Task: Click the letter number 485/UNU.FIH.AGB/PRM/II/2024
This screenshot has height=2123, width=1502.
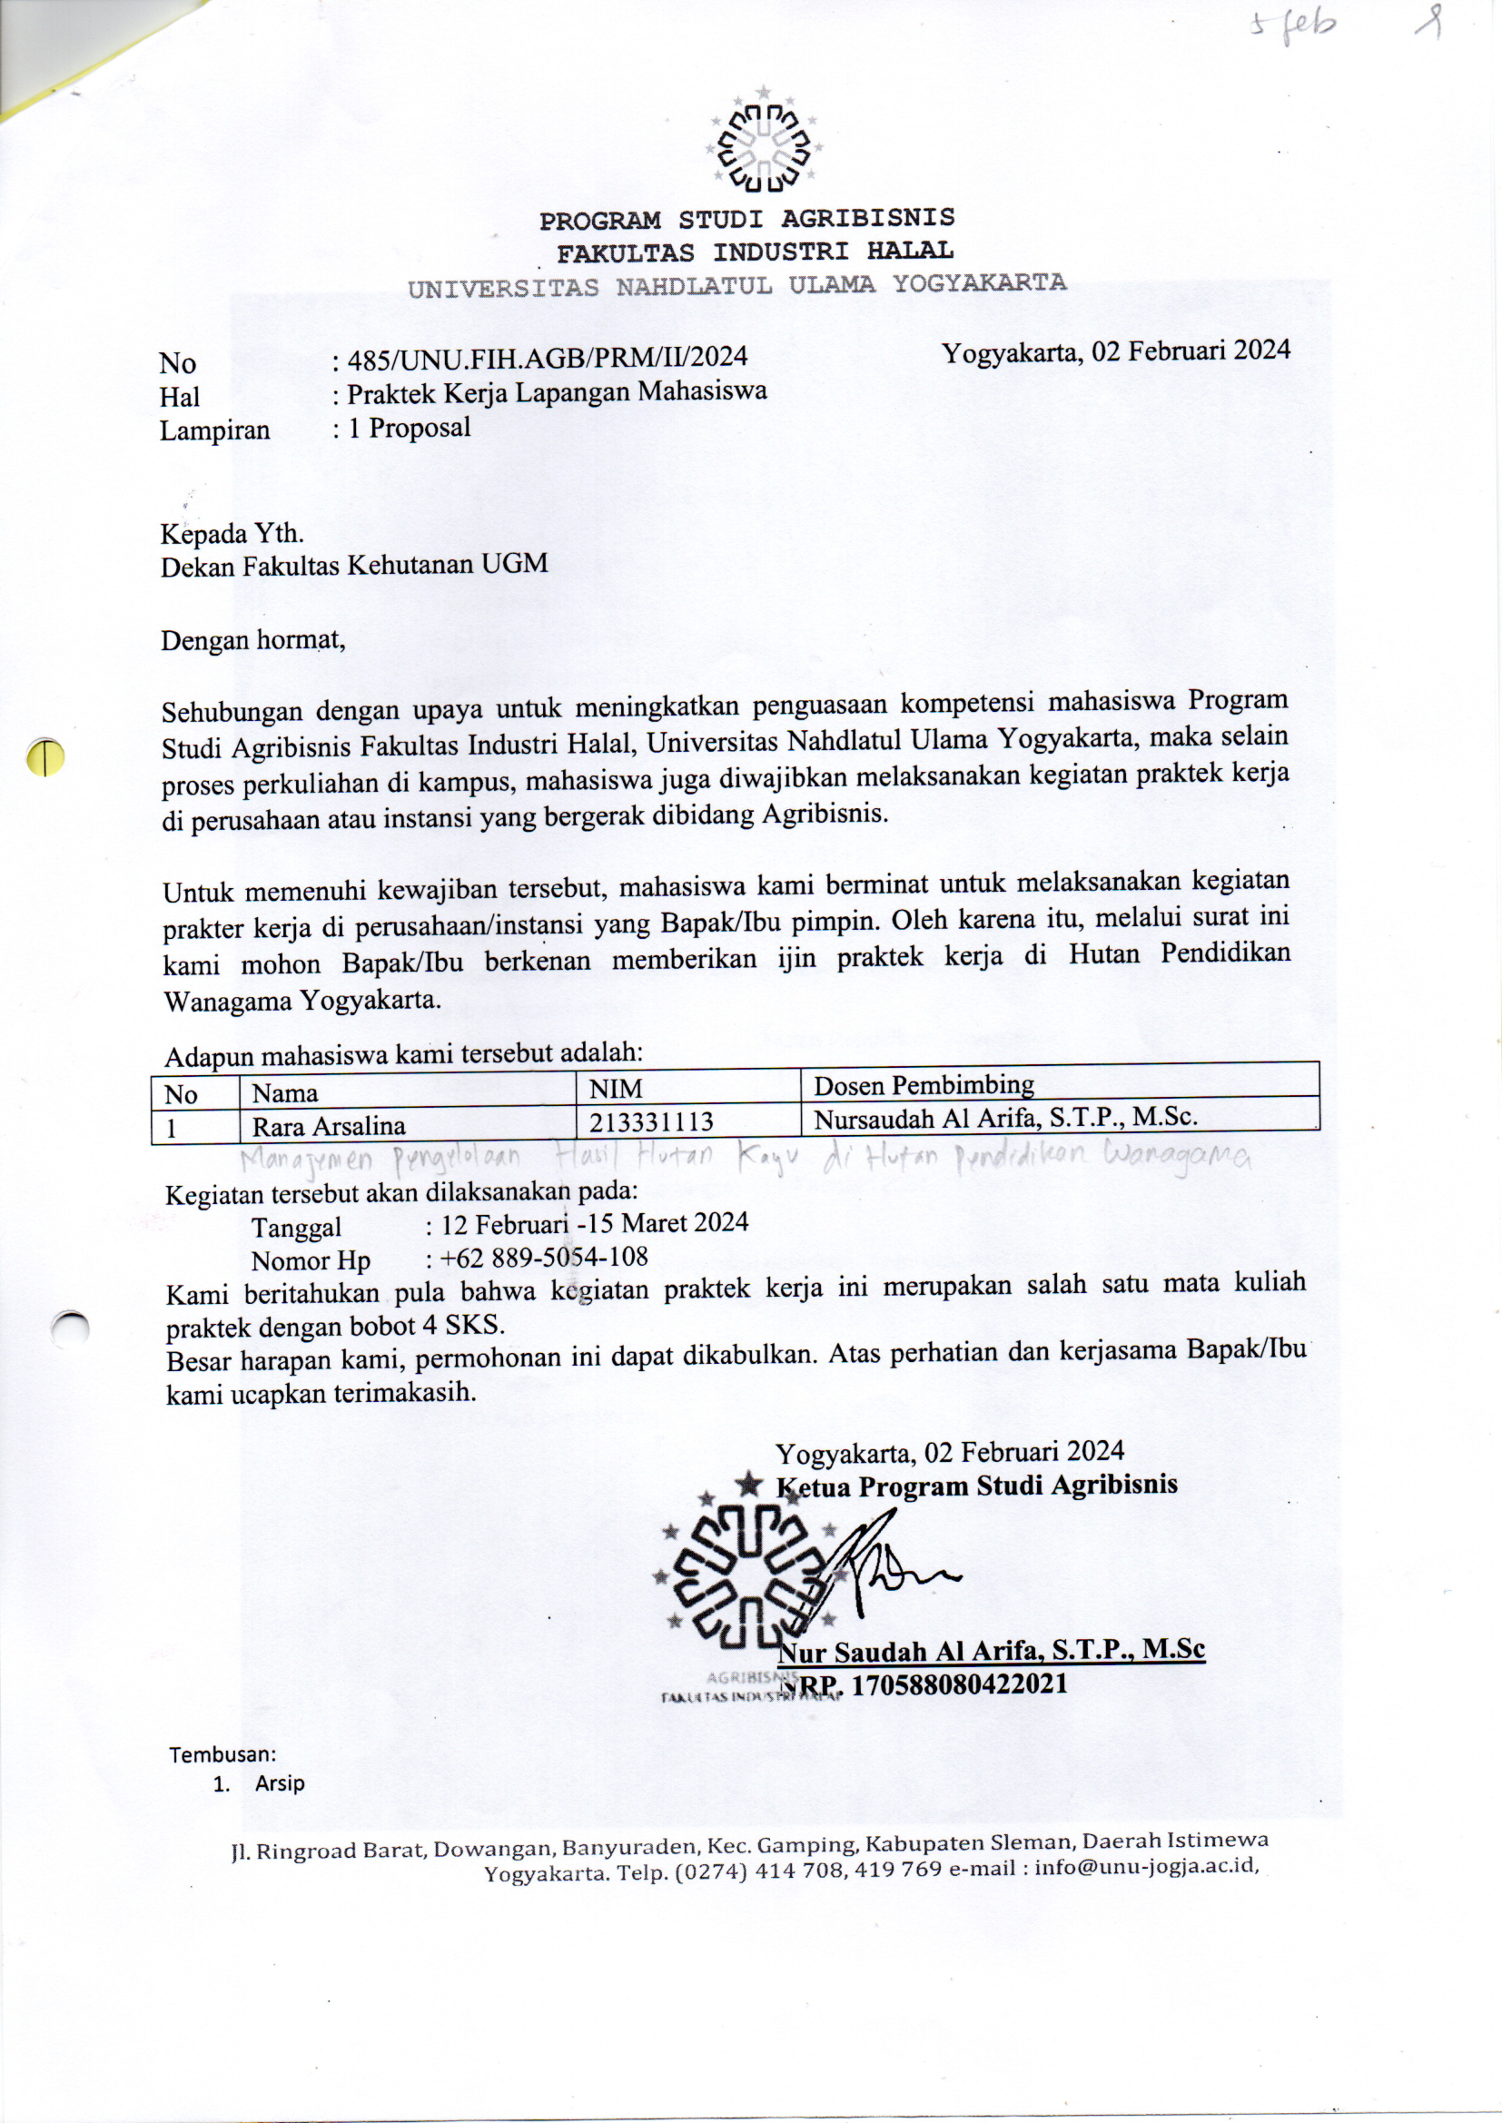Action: coord(547,357)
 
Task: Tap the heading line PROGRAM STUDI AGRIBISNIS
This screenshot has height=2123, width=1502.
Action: coord(747,219)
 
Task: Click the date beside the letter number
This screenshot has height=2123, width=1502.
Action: coord(1115,351)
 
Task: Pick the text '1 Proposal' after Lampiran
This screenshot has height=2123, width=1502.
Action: coord(409,427)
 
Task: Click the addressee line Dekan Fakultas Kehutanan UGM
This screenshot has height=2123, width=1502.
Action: coord(354,564)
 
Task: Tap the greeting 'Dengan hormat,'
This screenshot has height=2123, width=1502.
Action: coord(253,639)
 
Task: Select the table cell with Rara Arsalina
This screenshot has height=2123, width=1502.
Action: coord(330,1125)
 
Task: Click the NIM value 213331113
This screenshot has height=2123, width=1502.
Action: coord(651,1122)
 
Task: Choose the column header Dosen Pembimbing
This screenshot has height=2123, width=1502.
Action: coord(923,1083)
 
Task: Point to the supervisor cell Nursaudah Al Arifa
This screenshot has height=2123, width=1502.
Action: coord(1005,1118)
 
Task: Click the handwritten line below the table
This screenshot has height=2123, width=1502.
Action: coord(744,1159)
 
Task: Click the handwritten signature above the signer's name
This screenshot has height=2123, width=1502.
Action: coord(888,1564)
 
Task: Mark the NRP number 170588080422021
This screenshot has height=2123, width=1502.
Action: coord(958,1683)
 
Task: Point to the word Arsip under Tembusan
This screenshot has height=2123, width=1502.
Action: coord(280,1783)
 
